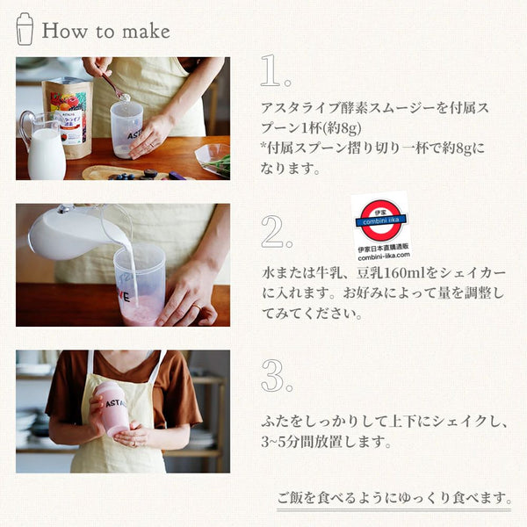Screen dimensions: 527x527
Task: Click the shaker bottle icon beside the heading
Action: click(25, 29)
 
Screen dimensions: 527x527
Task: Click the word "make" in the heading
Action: click(146, 32)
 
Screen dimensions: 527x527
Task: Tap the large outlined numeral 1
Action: click(271, 71)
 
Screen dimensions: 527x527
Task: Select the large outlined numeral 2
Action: click(272, 231)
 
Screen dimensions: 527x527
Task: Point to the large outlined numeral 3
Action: click(272, 375)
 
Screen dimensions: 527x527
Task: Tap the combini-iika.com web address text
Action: click(384, 256)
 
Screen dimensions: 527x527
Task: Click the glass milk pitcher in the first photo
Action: click(43, 146)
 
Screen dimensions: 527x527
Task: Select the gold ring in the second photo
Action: click(197, 307)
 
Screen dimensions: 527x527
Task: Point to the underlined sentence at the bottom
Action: click(394, 498)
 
